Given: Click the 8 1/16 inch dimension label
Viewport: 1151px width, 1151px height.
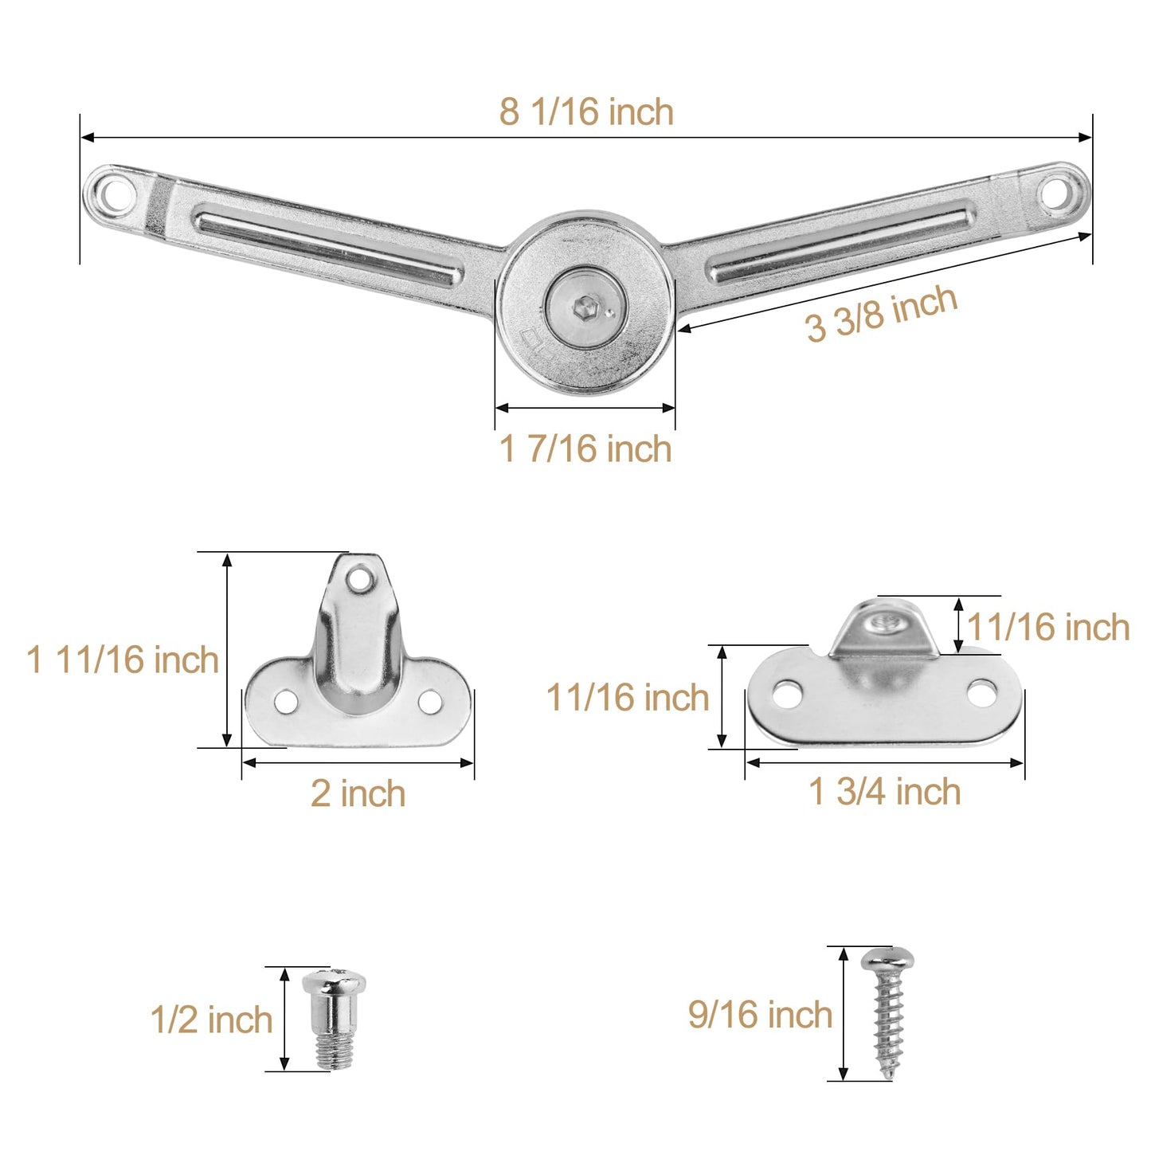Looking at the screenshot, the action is (586, 112).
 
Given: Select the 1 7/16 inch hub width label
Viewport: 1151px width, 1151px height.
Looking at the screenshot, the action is (585, 448).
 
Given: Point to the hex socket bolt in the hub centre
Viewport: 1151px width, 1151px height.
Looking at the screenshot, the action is (586, 307).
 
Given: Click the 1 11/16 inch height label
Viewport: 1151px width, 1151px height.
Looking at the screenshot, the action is (123, 660).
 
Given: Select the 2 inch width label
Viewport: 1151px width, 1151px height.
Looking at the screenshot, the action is (358, 794).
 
